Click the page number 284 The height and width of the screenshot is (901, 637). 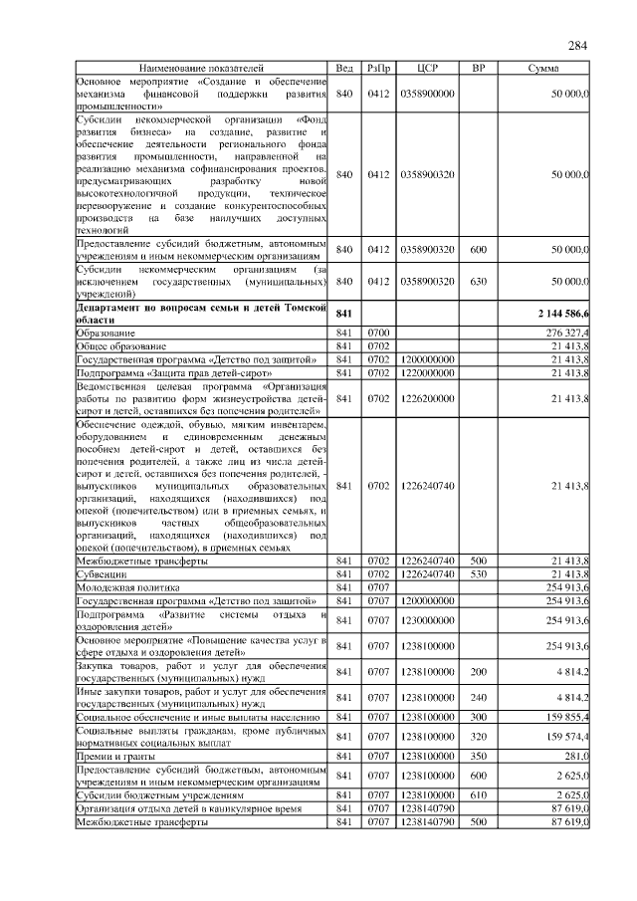(577, 46)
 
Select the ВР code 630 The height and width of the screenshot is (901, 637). (478, 282)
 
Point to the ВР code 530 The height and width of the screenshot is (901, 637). (478, 575)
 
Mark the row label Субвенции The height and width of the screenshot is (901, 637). (106, 575)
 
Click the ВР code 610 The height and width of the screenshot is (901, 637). (478, 796)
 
